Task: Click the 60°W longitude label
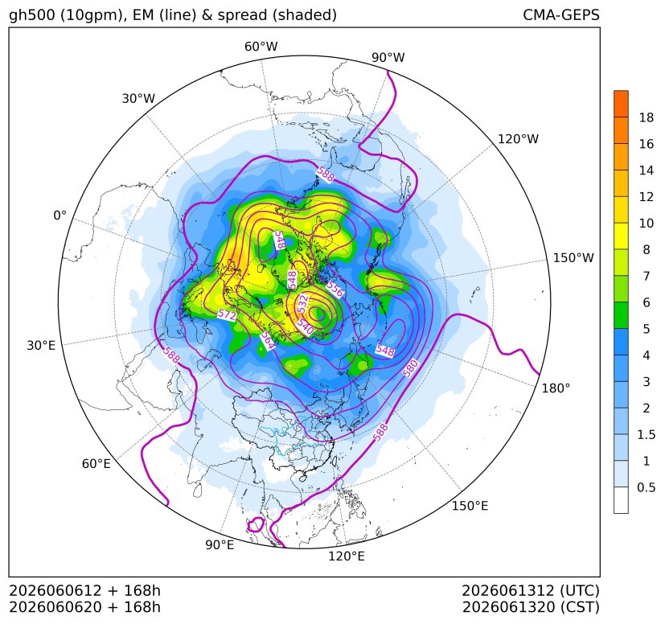pos(261,47)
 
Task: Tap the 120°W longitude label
pos(518,139)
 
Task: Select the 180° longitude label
pos(556,388)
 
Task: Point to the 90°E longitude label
pos(220,545)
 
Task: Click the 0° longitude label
pos(60,216)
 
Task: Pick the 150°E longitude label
pos(470,506)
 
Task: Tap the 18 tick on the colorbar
pos(647,117)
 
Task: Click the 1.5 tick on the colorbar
pos(647,434)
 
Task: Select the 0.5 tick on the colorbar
pos(647,487)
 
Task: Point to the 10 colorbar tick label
pos(647,223)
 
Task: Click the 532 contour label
pos(302,304)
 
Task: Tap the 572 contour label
pos(227,314)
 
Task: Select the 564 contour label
pos(267,340)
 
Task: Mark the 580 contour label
pos(410,367)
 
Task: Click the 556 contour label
pos(335,289)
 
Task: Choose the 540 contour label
pos(305,326)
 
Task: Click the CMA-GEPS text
pos(561,14)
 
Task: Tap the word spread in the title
pos(242,15)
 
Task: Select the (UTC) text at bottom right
pos(580,590)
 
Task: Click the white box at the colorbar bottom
pos(621,500)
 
